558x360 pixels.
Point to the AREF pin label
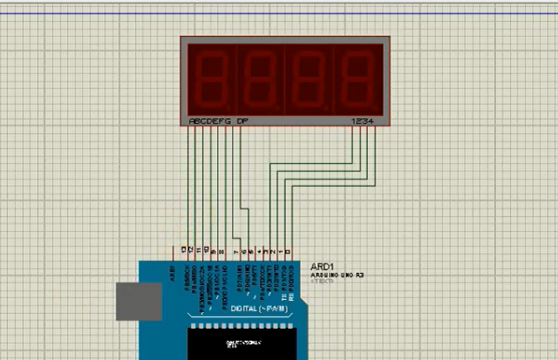coord(173,274)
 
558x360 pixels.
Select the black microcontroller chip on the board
coord(245,340)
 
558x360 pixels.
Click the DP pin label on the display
coord(242,122)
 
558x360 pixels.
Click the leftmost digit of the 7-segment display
coord(211,77)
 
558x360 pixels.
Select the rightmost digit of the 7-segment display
coord(357,77)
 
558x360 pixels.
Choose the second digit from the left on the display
coord(260,77)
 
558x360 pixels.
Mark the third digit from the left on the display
coord(309,77)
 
